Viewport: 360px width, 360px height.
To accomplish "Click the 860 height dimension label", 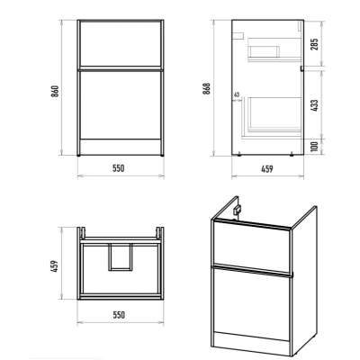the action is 55,91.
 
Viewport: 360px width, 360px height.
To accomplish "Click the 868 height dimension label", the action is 207,89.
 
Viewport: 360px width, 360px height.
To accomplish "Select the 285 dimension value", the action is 315,44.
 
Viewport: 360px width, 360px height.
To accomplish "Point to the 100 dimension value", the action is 315,147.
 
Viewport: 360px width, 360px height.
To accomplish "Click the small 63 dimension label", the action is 237,94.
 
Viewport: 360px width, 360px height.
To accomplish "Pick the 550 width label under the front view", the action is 119,168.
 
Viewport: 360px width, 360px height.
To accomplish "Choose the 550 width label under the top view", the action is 119,315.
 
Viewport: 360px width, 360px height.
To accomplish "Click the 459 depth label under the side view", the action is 267,169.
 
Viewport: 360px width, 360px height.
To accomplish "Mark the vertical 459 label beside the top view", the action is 55,266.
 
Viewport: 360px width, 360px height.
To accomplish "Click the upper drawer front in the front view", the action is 121,44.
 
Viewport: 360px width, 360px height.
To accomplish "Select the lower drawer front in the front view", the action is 121,105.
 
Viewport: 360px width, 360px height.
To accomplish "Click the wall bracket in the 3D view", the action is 238,209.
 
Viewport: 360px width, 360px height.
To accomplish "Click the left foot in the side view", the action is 239,156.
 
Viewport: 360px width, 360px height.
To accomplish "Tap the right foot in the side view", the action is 292,156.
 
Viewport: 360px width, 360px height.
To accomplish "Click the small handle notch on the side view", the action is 301,68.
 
